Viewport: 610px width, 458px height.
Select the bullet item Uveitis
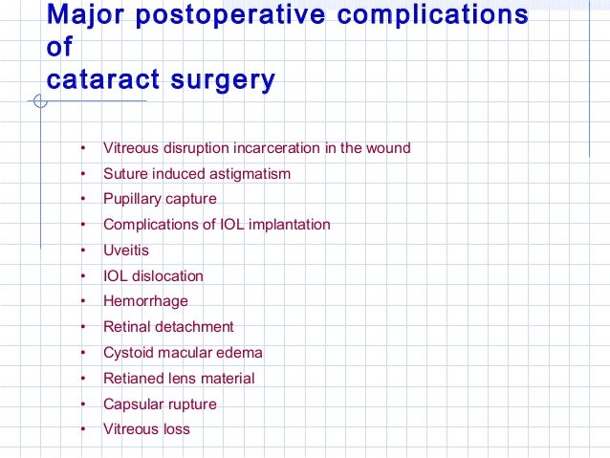pos(126,251)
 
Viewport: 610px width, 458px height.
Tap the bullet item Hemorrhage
pos(145,301)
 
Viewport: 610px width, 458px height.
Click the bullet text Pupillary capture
pos(160,199)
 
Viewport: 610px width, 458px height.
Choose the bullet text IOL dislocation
pos(153,275)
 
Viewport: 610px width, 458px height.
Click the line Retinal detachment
pos(168,327)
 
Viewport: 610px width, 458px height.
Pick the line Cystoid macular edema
pos(183,353)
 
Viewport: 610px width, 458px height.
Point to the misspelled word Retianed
pos(132,379)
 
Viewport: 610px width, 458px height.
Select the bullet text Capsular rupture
pos(160,403)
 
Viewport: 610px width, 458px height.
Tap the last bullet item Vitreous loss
pos(146,429)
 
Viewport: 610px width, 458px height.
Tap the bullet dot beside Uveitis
pos(84,251)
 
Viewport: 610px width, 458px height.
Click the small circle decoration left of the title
pos(39,101)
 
